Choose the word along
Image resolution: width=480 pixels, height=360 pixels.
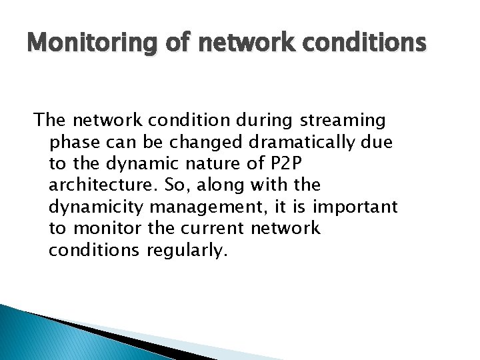[221, 185]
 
